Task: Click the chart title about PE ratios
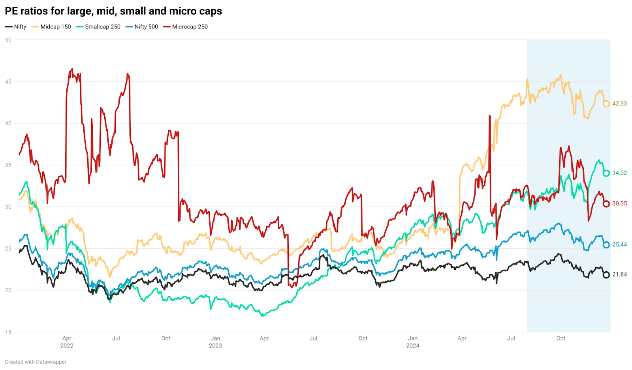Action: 113,11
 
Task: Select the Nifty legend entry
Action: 16,27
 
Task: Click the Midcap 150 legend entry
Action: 51,27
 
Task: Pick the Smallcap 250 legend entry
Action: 98,27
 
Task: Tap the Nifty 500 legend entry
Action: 142,27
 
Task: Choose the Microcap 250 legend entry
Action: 186,27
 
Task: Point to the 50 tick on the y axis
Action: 8,40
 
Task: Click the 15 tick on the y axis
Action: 8,332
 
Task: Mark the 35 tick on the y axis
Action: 8,165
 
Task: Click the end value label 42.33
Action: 619,104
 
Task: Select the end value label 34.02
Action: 619,173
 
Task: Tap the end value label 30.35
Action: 619,204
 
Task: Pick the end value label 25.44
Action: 619,245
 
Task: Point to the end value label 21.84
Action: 619,274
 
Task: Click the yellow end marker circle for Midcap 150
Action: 606,104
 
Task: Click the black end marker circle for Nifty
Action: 606,275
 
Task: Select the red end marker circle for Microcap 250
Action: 606,204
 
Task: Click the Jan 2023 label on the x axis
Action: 215,342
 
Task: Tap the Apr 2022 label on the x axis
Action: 67,342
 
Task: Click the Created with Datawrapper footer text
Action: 36,362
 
